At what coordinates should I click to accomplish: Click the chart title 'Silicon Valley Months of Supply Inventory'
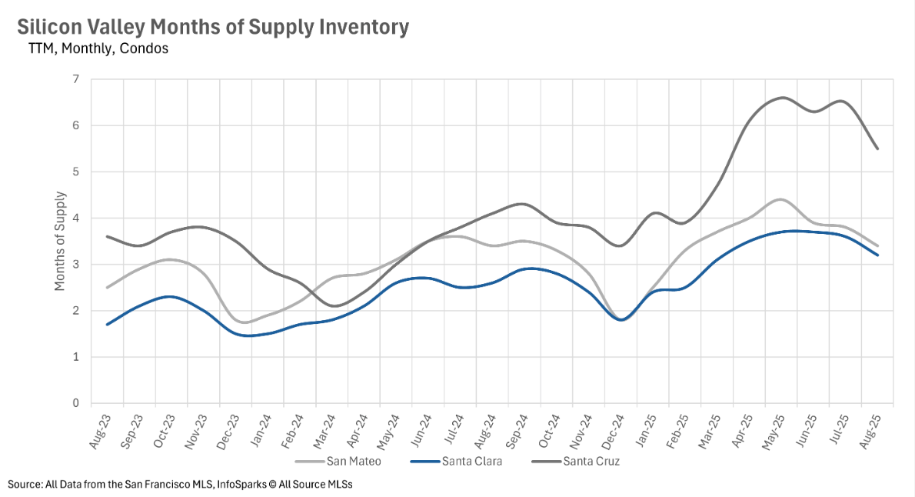pos(213,27)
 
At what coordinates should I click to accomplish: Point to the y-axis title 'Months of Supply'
pos(60,240)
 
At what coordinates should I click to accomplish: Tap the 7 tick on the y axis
pos(75,79)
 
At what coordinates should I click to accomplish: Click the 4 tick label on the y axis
pos(75,218)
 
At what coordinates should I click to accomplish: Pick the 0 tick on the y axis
pos(75,403)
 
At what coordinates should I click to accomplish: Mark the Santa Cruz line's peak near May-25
pos(782,98)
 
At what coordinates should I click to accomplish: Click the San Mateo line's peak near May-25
pos(780,199)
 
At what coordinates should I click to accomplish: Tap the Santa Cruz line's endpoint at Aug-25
pos(877,148)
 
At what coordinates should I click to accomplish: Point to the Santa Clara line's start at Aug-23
pos(108,324)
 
